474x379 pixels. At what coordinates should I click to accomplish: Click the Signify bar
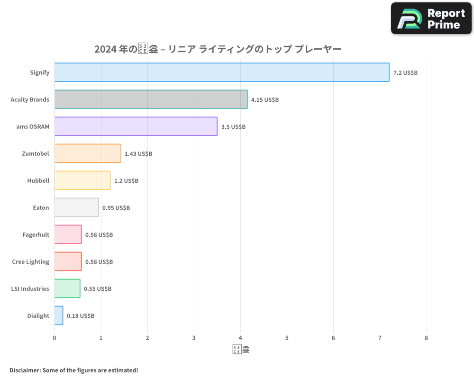[222, 72]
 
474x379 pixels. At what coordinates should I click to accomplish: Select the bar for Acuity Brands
[151, 99]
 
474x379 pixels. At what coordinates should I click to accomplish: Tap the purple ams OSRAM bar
[136, 126]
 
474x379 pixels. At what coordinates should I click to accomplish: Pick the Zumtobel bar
[88, 153]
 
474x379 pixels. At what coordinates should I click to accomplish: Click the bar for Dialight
[59, 316]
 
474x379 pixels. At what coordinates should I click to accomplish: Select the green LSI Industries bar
[67, 289]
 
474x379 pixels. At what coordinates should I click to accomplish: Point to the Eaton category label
[41, 208]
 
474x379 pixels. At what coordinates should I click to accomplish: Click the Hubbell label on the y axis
[38, 180]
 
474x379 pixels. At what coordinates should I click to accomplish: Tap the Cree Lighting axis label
[31, 262]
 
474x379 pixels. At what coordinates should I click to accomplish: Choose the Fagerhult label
[36, 235]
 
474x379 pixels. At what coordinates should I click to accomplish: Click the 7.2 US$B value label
[405, 72]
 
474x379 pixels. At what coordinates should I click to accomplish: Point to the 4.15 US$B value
[265, 99]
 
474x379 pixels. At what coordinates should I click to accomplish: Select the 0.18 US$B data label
[81, 316]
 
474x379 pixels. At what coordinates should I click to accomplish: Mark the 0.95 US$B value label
[116, 208]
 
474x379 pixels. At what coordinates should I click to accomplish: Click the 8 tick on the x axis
[426, 338]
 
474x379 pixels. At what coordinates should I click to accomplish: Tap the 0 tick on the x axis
[55, 338]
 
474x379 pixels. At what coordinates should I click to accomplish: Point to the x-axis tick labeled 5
[287, 338]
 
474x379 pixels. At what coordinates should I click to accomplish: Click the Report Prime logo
[431, 18]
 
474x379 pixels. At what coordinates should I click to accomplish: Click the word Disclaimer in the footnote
[25, 370]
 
